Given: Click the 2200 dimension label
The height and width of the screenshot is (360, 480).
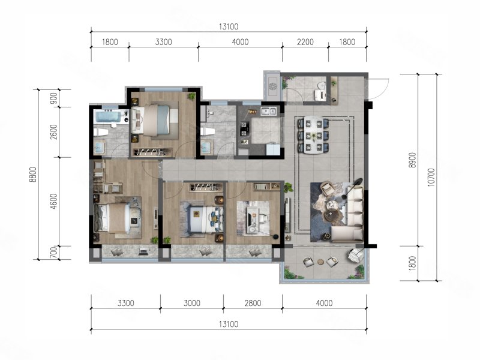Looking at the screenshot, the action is pyautogui.click(x=305, y=42).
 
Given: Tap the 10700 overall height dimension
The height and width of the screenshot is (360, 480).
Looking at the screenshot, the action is pyautogui.click(x=431, y=177).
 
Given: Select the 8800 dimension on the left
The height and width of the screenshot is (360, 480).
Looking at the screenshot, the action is pyautogui.click(x=33, y=175).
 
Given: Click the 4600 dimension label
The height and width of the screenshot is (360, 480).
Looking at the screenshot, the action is pyautogui.click(x=53, y=202).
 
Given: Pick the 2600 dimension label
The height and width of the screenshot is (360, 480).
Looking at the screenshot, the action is pyautogui.click(x=53, y=132).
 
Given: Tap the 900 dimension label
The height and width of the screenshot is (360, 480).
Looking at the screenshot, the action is pyautogui.click(x=53, y=98).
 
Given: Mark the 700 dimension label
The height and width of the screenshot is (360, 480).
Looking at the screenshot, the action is pyautogui.click(x=53, y=253).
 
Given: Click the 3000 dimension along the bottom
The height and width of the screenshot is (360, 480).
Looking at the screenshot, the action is pyautogui.click(x=192, y=303).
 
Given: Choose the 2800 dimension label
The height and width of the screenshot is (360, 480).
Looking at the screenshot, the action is pyautogui.click(x=253, y=303).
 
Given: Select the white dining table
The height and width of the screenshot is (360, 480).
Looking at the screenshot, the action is pyautogui.click(x=313, y=135).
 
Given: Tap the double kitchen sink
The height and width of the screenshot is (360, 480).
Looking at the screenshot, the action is pyautogui.click(x=268, y=111).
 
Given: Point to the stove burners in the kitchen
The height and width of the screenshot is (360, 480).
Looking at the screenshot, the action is pyautogui.click(x=244, y=128).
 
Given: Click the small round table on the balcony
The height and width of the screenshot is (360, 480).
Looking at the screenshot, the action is pyautogui.click(x=320, y=262).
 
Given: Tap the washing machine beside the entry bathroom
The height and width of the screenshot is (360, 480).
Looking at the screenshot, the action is pyautogui.click(x=272, y=86).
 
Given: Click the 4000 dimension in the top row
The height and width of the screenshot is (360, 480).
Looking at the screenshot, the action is pyautogui.click(x=240, y=42).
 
